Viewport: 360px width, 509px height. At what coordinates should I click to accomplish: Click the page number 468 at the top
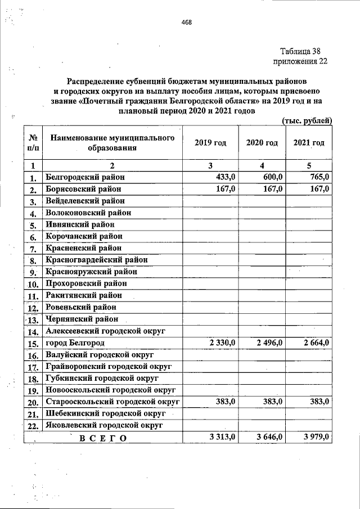[187, 22]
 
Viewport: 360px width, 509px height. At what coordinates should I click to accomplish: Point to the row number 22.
[33, 426]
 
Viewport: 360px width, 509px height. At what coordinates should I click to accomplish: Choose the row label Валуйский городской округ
[100, 355]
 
